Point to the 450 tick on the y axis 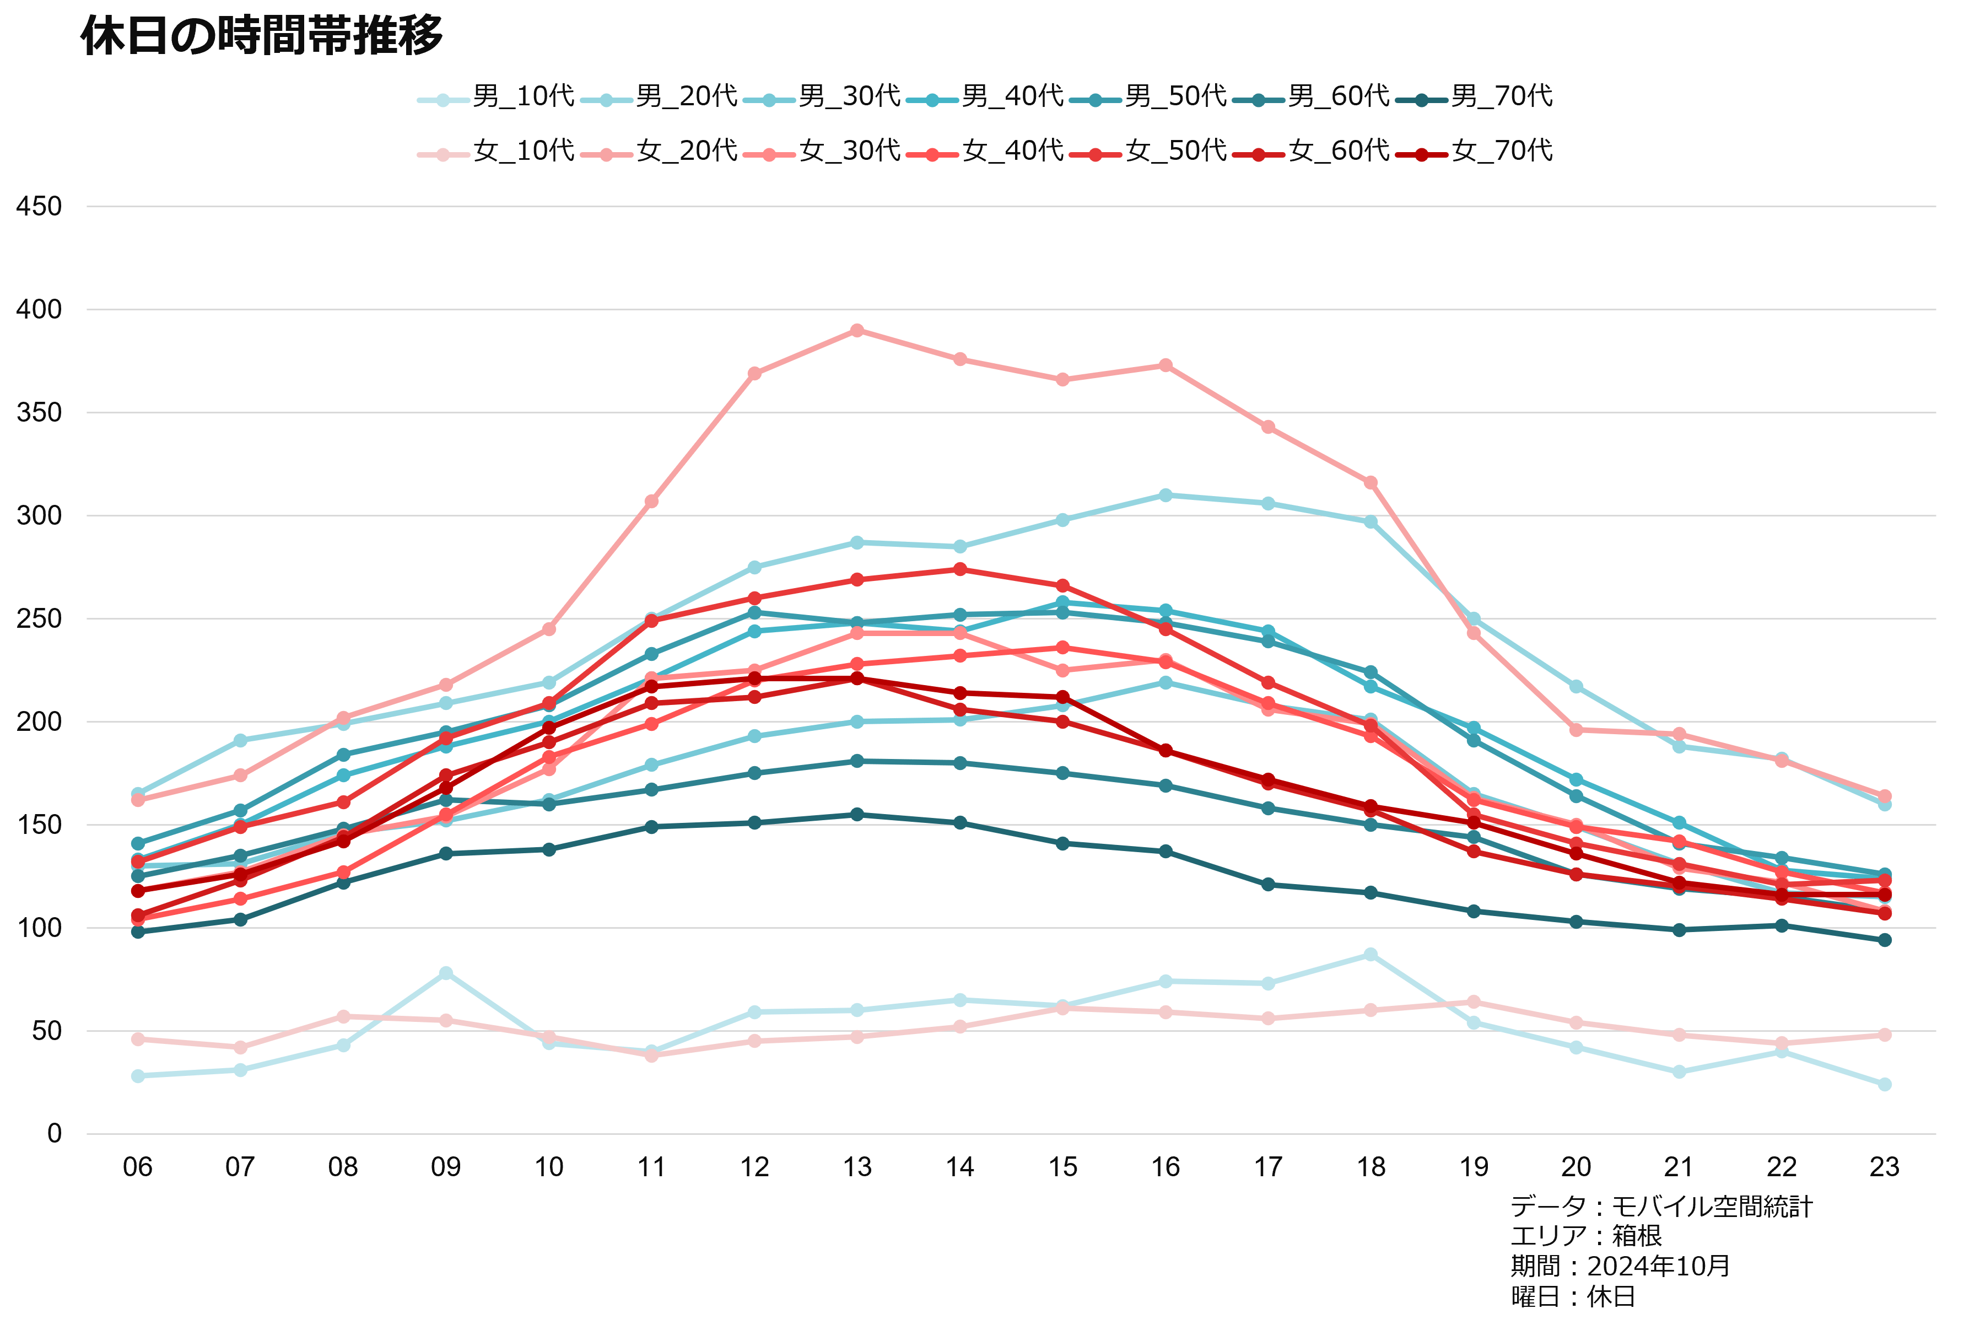[x=39, y=206]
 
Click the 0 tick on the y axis [x=54, y=1134]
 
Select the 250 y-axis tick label [x=39, y=619]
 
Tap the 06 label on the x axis [x=138, y=1167]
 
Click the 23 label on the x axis [x=1885, y=1167]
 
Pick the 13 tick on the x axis [x=857, y=1167]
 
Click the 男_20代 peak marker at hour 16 [x=1166, y=494]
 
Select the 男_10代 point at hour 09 [x=446, y=973]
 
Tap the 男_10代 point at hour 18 [x=1371, y=955]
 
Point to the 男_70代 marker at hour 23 [x=1885, y=940]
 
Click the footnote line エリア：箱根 [x=1585, y=1236]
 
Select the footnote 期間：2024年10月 [x=1620, y=1267]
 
